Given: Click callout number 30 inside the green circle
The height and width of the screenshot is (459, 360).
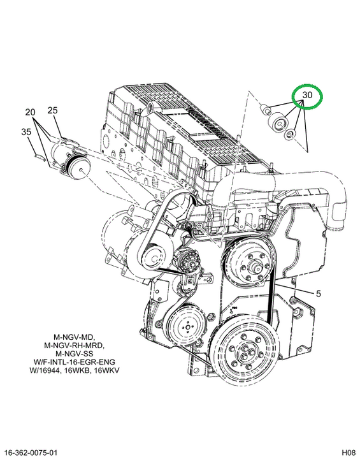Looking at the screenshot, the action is coord(307,95).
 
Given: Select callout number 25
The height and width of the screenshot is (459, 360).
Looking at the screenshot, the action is coord(53,110).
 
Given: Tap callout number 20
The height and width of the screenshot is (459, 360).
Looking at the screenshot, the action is coord(30,112).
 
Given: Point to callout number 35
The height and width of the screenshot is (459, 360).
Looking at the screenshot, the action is coord(26,132).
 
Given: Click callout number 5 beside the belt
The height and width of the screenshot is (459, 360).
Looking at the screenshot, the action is coord(319,293).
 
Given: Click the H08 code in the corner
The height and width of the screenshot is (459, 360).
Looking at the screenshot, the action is coord(349,452).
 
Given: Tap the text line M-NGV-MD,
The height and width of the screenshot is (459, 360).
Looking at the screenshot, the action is coord(74,337).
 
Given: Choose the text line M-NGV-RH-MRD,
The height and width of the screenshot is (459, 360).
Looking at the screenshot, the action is coord(74,346).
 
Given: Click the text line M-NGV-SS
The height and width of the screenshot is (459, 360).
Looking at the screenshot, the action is coord(74,354).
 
